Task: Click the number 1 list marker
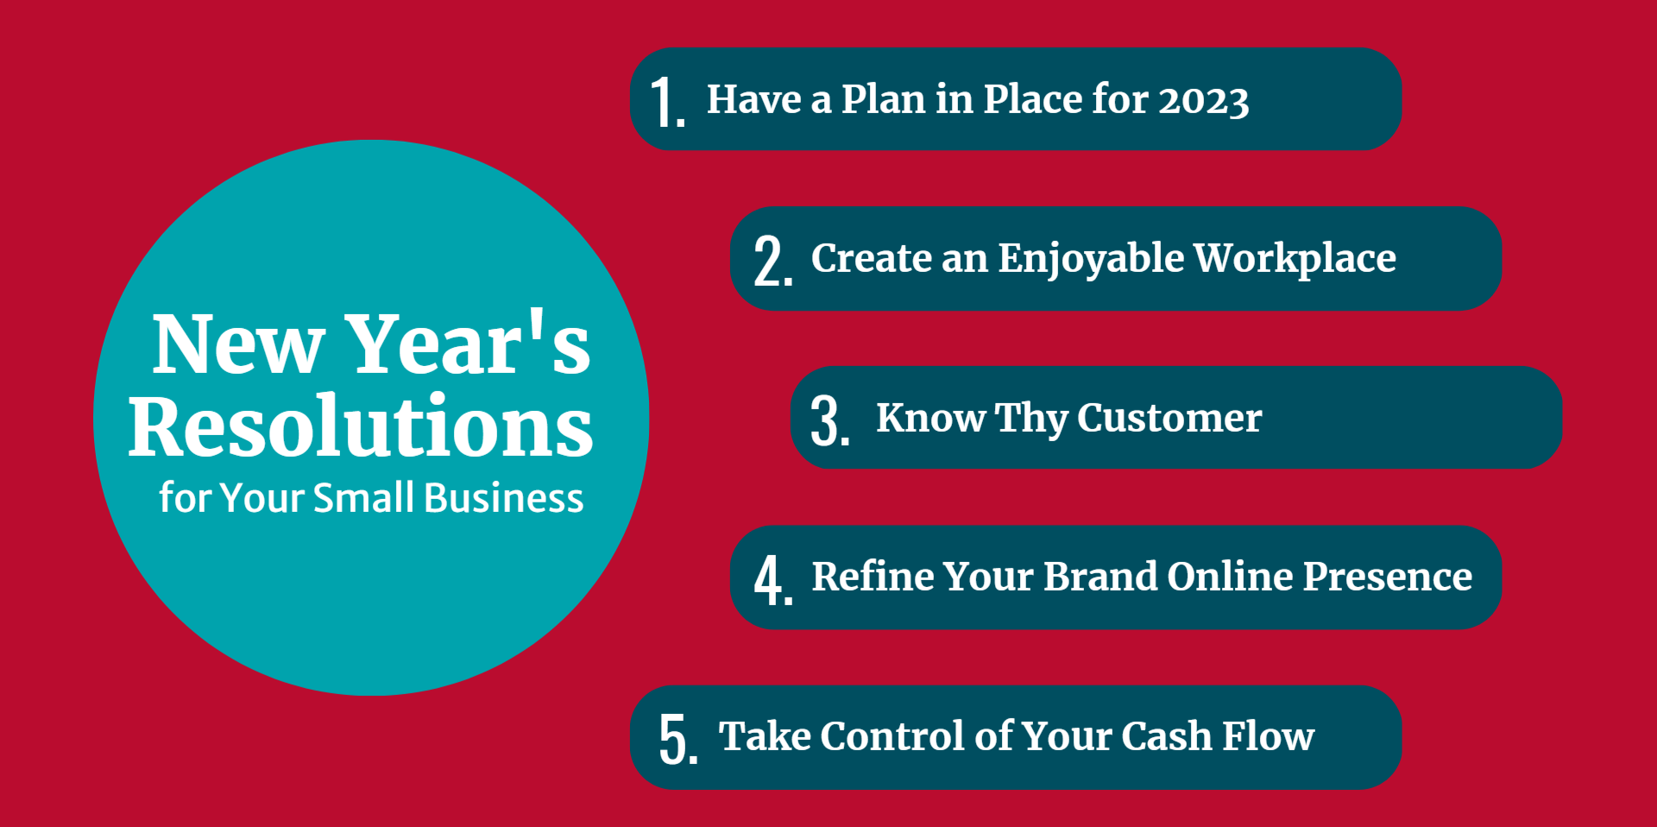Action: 668,102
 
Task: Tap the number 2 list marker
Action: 773,261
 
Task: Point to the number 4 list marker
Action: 773,579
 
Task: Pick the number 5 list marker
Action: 678,739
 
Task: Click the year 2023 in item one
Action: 1203,101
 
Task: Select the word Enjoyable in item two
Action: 1091,260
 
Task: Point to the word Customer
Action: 1169,418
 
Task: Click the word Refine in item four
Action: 873,577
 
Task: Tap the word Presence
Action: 1387,577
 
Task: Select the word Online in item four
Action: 1230,577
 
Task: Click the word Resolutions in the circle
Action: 361,426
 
